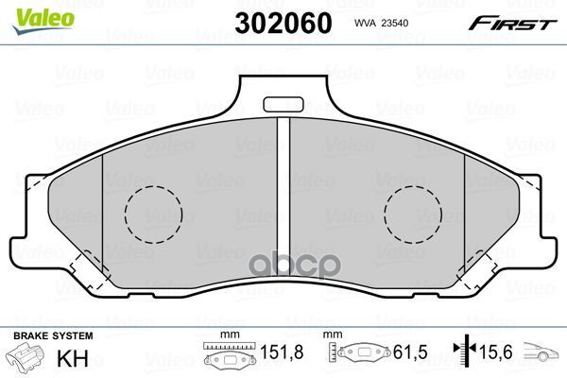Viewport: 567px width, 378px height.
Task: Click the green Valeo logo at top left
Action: (x=43, y=21)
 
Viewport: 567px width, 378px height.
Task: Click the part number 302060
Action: (x=283, y=23)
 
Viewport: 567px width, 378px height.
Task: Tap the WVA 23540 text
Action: (x=381, y=23)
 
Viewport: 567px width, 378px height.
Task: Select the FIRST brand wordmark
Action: (x=512, y=24)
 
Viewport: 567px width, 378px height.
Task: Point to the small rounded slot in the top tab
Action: (x=283, y=105)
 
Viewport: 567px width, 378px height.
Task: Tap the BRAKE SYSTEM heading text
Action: (x=53, y=335)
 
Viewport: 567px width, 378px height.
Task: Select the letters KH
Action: (x=73, y=358)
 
